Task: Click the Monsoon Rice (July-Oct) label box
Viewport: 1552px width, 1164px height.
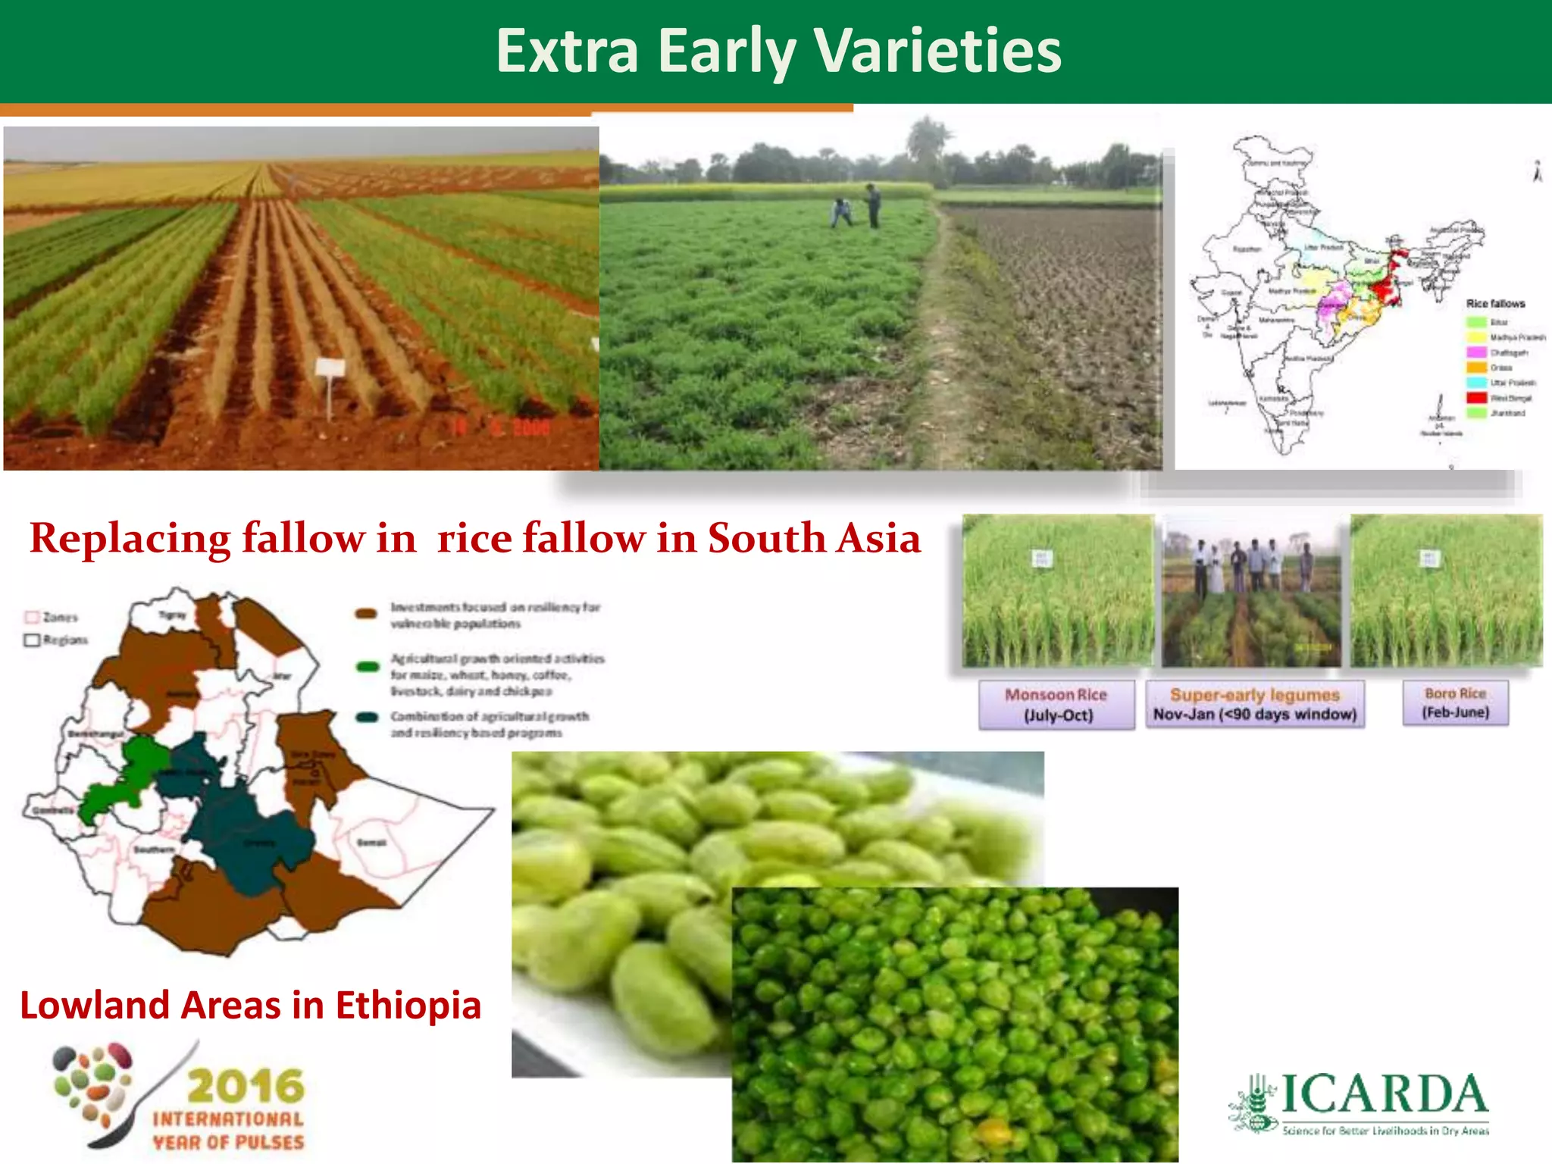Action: tap(1056, 705)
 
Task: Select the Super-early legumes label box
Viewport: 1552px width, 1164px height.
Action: tap(1254, 705)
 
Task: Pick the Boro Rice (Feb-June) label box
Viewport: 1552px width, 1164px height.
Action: tap(1455, 702)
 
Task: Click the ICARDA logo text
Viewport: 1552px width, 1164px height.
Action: tap(1384, 1094)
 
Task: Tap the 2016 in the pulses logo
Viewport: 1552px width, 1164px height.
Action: tap(246, 1087)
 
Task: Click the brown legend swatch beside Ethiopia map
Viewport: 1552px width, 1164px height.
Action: tap(367, 614)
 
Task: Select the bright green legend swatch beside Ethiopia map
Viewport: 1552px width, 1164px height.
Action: tap(368, 667)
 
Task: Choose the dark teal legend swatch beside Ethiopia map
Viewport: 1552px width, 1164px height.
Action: tap(368, 717)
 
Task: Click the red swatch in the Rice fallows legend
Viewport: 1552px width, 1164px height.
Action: tap(1476, 398)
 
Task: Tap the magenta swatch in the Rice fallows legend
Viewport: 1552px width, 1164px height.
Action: tap(1476, 352)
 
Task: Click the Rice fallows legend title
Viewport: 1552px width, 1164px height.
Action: tap(1495, 304)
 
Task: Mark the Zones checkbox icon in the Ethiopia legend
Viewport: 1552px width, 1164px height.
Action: tap(32, 617)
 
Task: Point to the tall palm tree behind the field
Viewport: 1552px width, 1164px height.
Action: tap(927, 140)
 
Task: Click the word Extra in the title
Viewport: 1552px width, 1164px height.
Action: tap(568, 51)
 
